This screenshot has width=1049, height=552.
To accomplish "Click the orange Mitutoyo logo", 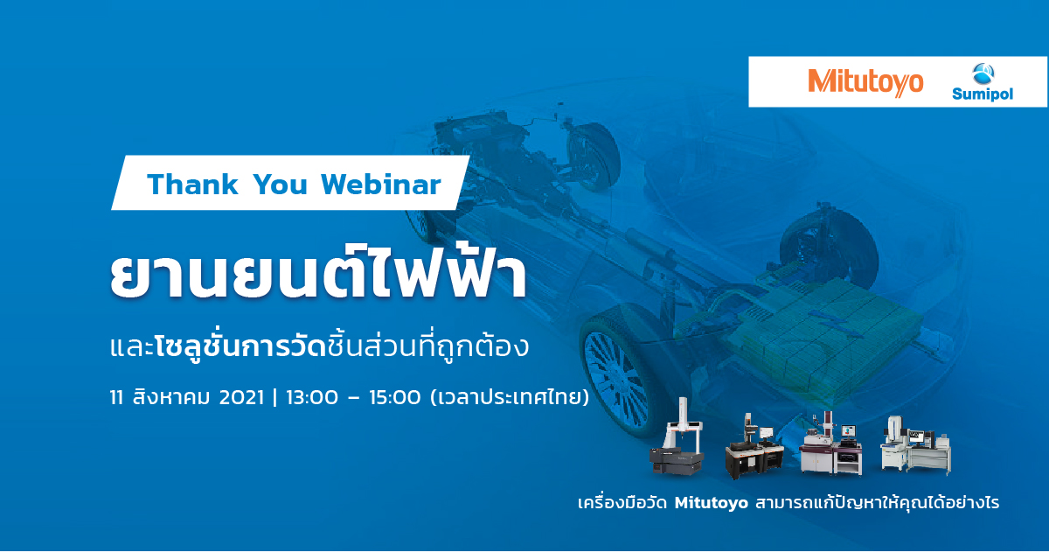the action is (865, 83).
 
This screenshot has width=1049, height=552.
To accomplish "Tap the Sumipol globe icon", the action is (983, 74).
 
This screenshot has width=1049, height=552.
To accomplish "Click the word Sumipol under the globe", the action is (983, 94).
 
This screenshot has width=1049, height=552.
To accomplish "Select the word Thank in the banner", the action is (192, 185).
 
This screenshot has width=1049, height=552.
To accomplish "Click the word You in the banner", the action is (280, 185).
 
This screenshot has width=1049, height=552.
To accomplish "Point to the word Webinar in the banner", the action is (381, 185).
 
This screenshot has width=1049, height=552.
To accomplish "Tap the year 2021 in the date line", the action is (241, 398).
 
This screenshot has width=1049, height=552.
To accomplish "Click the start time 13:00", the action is (312, 398).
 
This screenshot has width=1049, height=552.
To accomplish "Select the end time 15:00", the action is (395, 398).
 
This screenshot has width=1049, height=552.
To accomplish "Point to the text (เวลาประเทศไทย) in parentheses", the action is (510, 397).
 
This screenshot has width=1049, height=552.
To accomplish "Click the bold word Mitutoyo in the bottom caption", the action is (712, 503).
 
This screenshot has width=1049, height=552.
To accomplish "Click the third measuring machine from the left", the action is (830, 444).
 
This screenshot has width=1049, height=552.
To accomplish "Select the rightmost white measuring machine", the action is (915, 444).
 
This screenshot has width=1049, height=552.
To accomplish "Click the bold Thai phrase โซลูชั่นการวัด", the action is (240, 347).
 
